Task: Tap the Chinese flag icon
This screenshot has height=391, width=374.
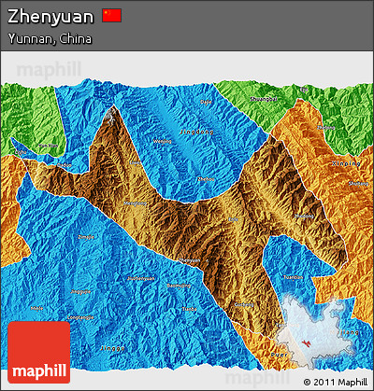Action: pos(112,15)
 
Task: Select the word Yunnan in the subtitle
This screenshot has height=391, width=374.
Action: pos(29,38)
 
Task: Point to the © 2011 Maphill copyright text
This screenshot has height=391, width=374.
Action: pos(335,382)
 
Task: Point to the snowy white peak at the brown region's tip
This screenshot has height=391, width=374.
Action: pos(114,114)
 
